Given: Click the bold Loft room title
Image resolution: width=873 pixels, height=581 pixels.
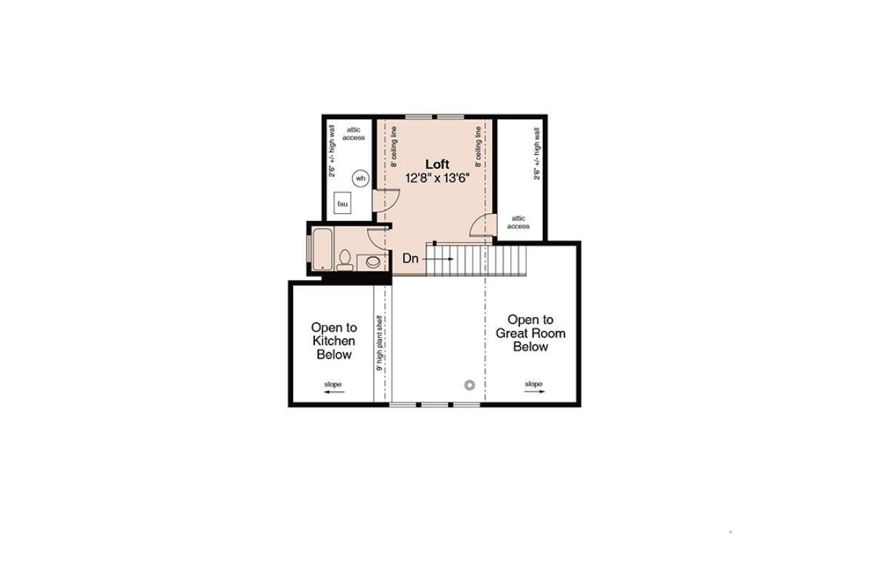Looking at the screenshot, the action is tap(437, 164).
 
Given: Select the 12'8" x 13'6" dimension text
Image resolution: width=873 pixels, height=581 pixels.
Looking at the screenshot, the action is tap(437, 178).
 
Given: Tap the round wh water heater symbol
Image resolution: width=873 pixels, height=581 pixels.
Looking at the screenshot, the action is tap(361, 178).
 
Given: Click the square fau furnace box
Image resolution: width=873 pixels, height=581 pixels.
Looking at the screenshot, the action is tap(342, 203).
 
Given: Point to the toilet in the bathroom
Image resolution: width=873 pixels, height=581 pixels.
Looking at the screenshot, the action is tap(345, 260).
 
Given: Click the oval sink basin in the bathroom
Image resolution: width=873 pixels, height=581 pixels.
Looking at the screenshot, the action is tap(373, 262).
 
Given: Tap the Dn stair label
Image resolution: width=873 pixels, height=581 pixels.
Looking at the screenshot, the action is tap(410, 258).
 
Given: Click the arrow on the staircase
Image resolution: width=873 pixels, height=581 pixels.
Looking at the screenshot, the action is tap(438, 259).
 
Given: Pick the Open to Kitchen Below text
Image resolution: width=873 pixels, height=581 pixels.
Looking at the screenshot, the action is tap(334, 341).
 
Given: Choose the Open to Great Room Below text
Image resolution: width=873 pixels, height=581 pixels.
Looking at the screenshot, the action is tap(530, 333).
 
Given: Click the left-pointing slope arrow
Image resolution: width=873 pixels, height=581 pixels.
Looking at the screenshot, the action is tap(334, 392).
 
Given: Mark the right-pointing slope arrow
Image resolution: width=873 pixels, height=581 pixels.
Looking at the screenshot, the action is tap(534, 391).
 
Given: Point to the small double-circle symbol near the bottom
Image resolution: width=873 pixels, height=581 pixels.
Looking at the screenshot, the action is tap(470, 385).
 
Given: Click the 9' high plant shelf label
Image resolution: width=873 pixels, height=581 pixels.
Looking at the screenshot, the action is tap(380, 343).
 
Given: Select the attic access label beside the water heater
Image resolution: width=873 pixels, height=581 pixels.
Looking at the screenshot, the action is tap(354, 134).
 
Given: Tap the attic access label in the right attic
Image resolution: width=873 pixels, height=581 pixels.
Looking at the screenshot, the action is tap(518, 222).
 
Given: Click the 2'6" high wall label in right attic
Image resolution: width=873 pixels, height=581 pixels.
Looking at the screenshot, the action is tap(537, 154).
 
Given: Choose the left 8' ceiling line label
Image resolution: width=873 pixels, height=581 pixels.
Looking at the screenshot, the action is tap(394, 147).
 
